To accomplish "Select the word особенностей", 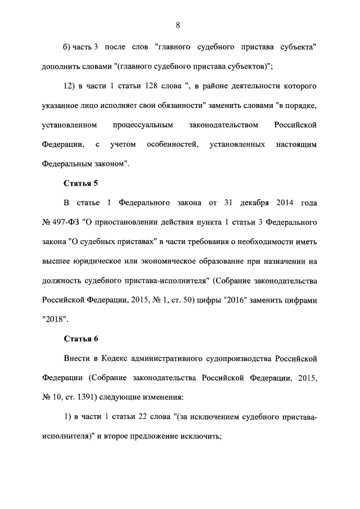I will pyautogui.click(x=172, y=145).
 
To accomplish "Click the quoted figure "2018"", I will pyautogui.click(x=55, y=319).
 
